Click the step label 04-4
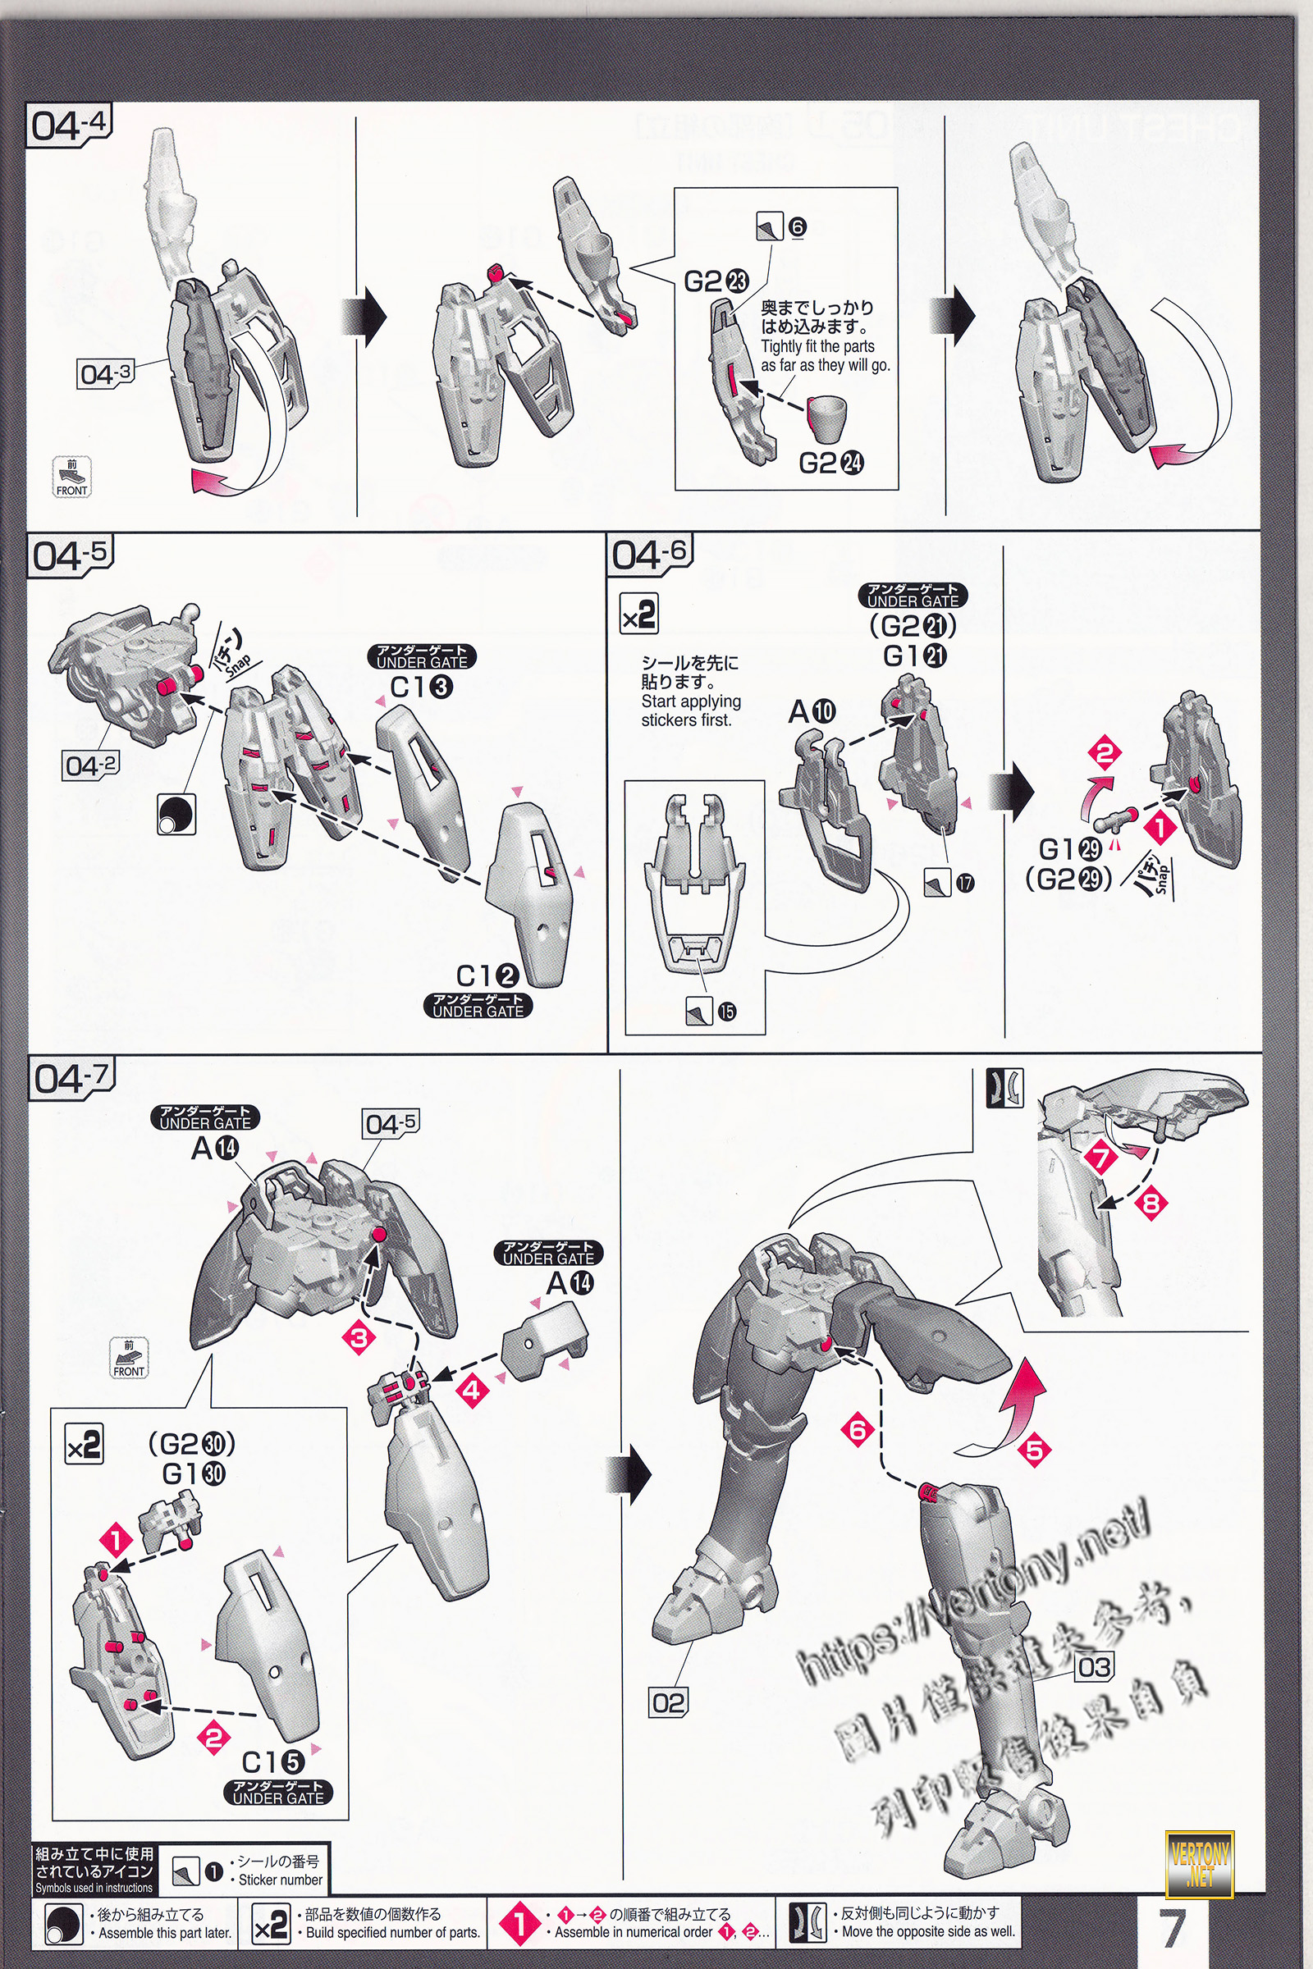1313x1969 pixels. click(x=70, y=126)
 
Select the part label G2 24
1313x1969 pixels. click(x=830, y=462)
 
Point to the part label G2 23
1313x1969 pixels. click(x=716, y=281)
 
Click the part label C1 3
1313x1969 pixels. click(x=421, y=688)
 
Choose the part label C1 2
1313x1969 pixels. click(x=487, y=975)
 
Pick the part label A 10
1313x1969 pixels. click(x=812, y=711)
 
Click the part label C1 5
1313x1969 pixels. click(x=272, y=1762)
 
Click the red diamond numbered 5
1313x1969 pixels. click(x=1034, y=1449)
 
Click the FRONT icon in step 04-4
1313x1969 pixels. click(x=71, y=478)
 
